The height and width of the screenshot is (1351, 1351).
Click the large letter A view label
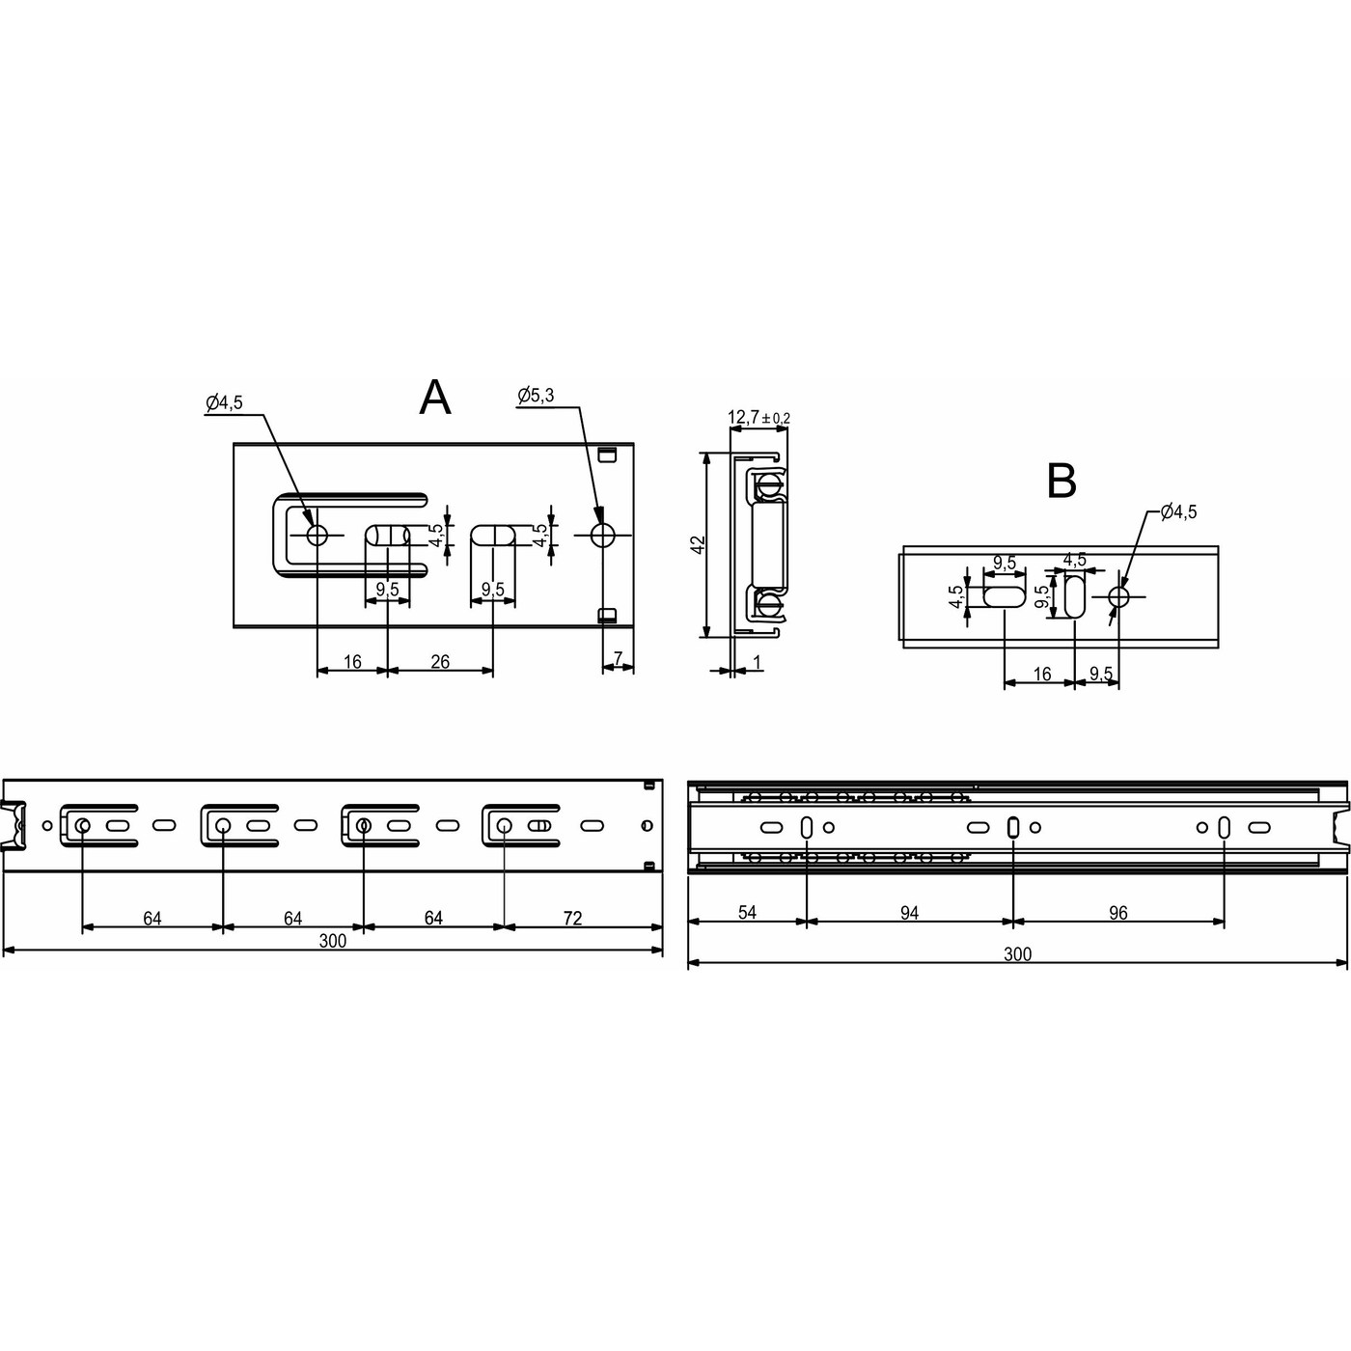435,397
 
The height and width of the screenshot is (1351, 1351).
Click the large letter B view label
1061,481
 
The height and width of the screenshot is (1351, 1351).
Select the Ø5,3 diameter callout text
536,395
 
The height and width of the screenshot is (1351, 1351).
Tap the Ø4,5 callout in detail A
224,403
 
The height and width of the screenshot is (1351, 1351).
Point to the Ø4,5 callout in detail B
1178,512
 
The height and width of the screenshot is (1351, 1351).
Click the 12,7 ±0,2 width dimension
758,418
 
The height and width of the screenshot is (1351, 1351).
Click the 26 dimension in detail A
440,661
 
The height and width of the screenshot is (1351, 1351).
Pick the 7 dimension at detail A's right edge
619,659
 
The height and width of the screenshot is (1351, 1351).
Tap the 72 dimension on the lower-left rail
572,918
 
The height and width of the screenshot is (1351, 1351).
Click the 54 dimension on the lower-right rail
747,912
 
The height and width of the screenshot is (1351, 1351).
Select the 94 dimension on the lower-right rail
909,912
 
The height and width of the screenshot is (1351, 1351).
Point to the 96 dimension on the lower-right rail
1117,912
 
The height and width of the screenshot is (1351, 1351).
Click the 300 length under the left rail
332,942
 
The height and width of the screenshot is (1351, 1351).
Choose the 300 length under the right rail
1017,954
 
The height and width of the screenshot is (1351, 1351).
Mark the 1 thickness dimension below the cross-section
758,662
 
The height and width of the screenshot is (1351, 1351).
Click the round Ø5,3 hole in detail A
603,535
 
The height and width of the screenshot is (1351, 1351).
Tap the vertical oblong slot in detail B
1075,597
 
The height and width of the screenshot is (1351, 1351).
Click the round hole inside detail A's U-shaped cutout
317,535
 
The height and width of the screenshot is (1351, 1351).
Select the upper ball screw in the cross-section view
769,483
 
